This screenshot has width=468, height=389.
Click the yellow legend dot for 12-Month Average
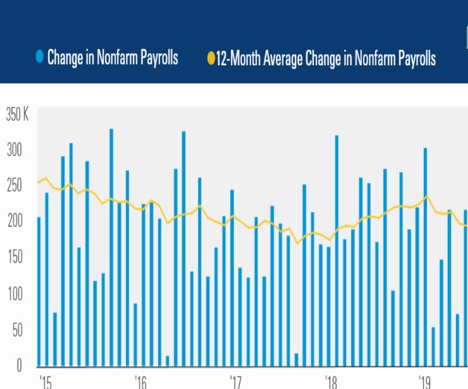click(211, 59)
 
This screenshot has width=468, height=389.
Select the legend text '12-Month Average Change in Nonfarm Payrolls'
click(326, 59)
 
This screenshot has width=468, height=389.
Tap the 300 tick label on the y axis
click(14, 151)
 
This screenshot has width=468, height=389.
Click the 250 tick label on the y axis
click(14, 186)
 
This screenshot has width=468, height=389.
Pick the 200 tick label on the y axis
click(14, 221)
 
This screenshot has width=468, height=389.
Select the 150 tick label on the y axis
click(14, 257)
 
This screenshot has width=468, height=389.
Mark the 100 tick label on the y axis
click(14, 293)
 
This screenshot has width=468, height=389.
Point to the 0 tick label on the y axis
click(19, 365)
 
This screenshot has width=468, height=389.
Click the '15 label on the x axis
click(44, 382)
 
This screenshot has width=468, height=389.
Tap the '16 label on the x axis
click(140, 382)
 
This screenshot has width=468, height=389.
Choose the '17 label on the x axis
click(235, 382)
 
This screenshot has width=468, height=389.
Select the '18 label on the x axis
click(331, 382)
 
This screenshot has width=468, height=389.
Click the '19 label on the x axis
click(426, 382)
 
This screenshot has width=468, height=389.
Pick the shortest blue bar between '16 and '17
click(168, 361)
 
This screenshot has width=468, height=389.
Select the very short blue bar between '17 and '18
click(297, 360)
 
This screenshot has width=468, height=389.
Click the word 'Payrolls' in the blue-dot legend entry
click(156, 59)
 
